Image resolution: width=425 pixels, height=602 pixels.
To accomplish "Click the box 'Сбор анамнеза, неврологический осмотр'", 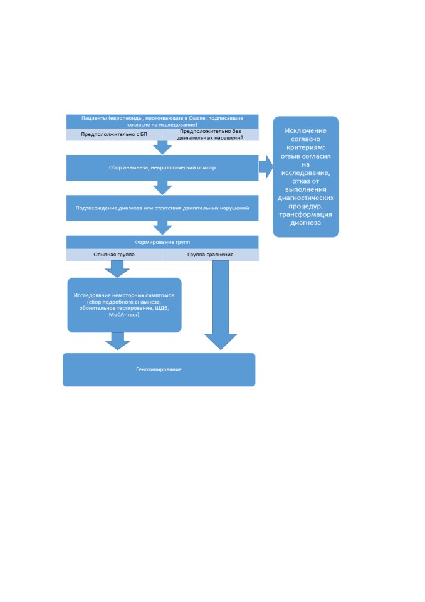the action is coord(162,168).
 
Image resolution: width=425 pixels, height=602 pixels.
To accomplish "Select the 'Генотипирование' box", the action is coord(159,369).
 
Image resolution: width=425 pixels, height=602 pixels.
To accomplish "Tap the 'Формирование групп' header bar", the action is coord(162,242).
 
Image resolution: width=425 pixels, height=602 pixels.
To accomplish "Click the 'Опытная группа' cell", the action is coord(114,255).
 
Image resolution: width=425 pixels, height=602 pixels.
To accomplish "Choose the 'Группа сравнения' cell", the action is coord(211,255).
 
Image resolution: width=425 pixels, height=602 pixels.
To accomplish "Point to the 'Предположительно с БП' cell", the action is coord(114,134).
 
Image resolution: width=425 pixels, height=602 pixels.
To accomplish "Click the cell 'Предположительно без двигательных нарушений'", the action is coord(211,134).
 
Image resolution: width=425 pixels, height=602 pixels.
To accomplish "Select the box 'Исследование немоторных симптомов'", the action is coord(124,305).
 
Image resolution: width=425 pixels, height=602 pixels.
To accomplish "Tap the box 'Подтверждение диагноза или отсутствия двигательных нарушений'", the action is coord(162,208).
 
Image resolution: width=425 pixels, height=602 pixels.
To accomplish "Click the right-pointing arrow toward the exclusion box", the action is coord(266,167).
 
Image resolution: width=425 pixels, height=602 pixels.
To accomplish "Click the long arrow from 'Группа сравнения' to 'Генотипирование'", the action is coord(221,305).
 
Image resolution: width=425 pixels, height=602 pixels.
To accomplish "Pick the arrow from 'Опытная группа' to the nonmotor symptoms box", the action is coord(117,269).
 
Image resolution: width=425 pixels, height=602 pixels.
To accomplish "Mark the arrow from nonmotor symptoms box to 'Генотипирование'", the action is coord(117,341).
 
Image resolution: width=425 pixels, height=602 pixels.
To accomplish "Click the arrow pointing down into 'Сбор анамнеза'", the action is coord(162,147).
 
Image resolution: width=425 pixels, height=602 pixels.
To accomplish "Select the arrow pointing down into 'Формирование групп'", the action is coord(162,228).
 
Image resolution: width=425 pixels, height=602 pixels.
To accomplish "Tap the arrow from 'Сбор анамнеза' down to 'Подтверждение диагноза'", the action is coord(162,187).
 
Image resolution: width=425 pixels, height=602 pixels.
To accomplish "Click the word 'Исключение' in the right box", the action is coord(306,130).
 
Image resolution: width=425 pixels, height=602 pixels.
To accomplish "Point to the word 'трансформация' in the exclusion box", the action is coord(306,214).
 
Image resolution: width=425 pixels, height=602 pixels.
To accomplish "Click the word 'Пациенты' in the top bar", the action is coord(93,119).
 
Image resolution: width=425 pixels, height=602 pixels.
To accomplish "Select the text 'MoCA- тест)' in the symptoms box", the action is coord(124,314).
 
